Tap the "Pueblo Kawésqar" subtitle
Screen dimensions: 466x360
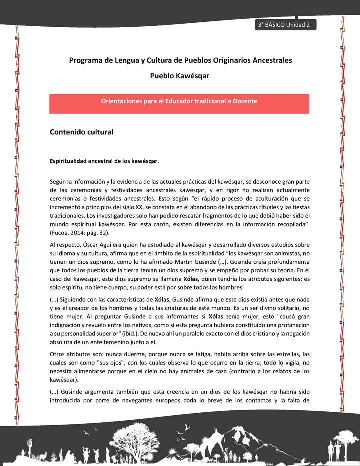point(180,76)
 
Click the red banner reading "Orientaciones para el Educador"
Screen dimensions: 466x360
point(179,101)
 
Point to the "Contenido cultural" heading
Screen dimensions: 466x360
point(82,132)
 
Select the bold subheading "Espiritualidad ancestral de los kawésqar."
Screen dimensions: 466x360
point(104,161)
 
